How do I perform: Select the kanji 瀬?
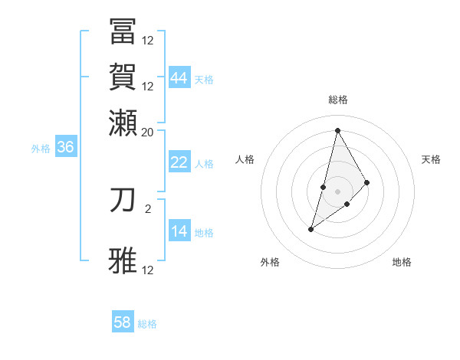pyautogui.click(x=123, y=122)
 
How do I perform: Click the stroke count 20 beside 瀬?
pyautogui.click(x=147, y=132)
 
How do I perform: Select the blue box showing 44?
pyautogui.click(x=179, y=77)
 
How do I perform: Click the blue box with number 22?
pyautogui.click(x=179, y=162)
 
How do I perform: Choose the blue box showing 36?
pyautogui.click(x=65, y=148)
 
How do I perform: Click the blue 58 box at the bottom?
pyautogui.click(x=123, y=322)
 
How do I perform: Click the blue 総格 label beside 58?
pyautogui.click(x=147, y=324)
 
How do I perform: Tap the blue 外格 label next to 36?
pyautogui.click(x=40, y=149)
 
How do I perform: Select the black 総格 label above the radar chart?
pyautogui.click(x=338, y=100)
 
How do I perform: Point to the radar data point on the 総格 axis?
pyautogui.click(x=337, y=129)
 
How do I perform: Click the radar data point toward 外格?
pyautogui.click(x=311, y=228)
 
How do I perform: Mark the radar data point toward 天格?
pyautogui.click(x=366, y=182)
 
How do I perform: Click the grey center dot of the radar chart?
pyautogui.click(x=337, y=191)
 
